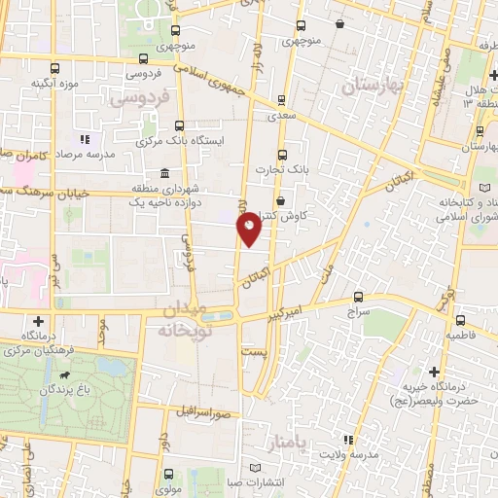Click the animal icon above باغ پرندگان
(65, 373)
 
